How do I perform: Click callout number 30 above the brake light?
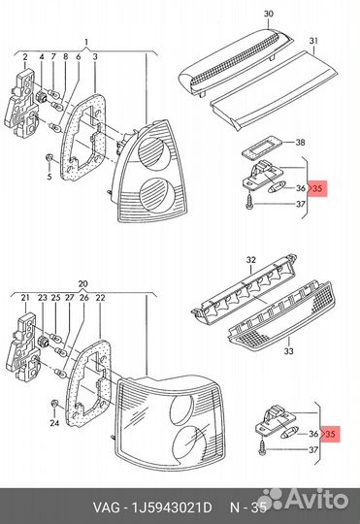click(x=269, y=14)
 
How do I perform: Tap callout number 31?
click(x=313, y=41)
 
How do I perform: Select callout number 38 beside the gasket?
click(x=300, y=143)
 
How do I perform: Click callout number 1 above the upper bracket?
click(x=86, y=42)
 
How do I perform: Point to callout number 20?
click(x=82, y=284)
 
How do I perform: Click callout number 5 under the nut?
click(x=49, y=177)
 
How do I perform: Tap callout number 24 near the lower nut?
click(x=54, y=423)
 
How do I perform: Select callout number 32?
click(x=251, y=260)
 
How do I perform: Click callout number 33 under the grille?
click(x=289, y=351)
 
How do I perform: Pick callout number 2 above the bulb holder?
click(x=25, y=57)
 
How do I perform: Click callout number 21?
click(x=25, y=298)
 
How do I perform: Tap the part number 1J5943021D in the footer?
click(x=173, y=508)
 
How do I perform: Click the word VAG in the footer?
click(x=106, y=508)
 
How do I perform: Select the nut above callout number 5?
click(x=49, y=158)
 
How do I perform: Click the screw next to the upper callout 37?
click(x=249, y=203)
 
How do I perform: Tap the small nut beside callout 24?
click(x=54, y=404)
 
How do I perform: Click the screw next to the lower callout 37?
click(x=262, y=446)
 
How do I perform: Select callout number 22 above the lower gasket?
click(x=100, y=298)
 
